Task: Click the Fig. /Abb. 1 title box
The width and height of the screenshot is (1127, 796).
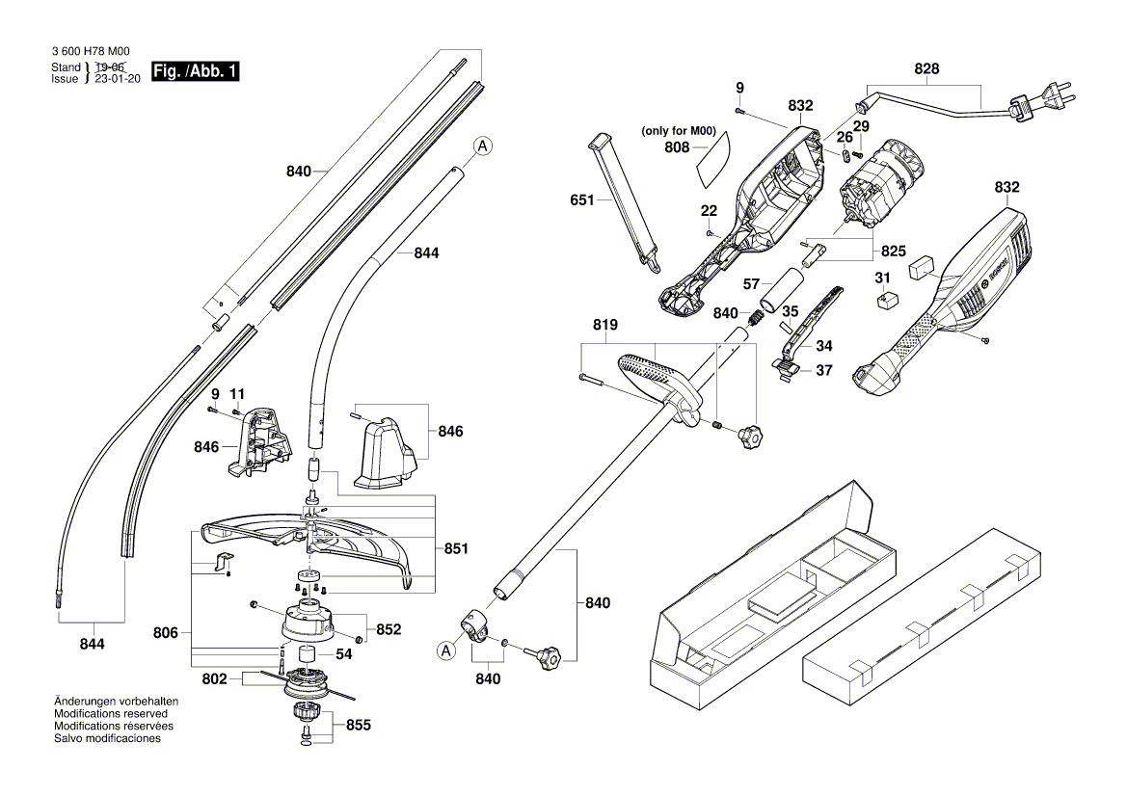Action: (196, 72)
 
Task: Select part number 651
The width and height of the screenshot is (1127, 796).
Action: (582, 200)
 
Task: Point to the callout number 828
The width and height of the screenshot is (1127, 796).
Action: (926, 68)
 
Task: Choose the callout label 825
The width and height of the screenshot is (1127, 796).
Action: (893, 251)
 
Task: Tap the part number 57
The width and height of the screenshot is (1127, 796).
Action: (751, 284)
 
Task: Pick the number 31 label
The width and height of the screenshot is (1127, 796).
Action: (882, 279)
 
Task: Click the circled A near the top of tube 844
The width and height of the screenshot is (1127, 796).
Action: (483, 146)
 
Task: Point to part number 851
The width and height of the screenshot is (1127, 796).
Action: (455, 548)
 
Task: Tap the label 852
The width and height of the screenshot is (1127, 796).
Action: (389, 629)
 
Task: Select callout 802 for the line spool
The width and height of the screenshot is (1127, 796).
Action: (214, 679)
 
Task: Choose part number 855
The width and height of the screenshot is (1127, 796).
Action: (358, 725)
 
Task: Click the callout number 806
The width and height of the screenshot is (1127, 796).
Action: (166, 633)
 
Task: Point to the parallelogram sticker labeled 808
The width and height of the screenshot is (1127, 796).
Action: (714, 157)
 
